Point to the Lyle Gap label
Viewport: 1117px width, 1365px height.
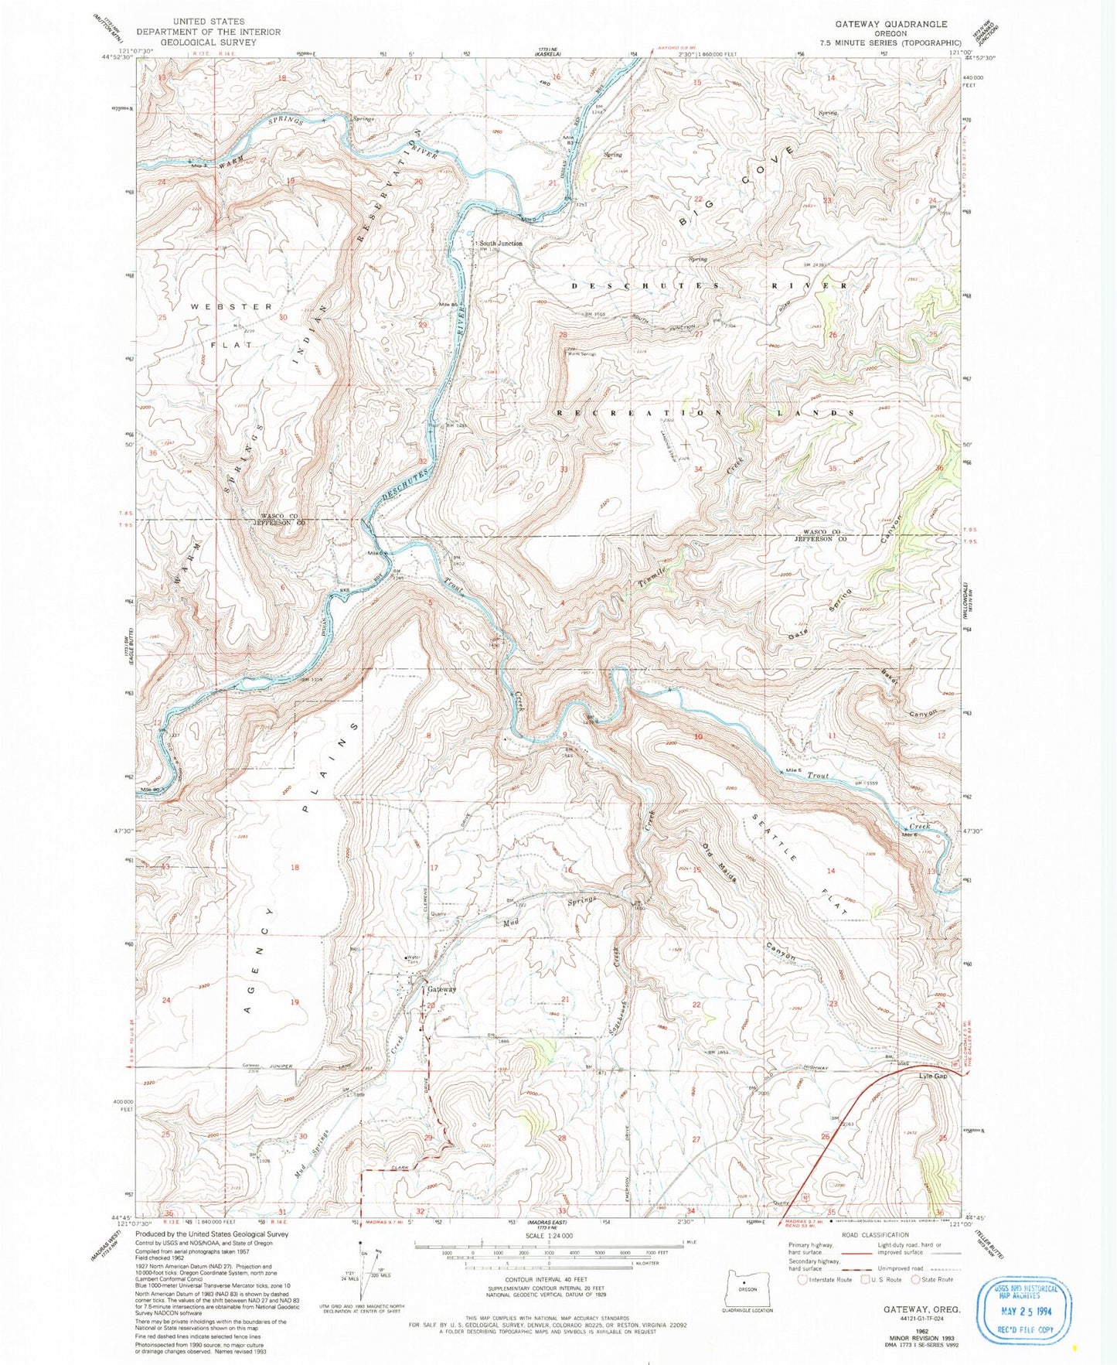click(932, 1076)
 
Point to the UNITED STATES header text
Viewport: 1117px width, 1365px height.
click(209, 22)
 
